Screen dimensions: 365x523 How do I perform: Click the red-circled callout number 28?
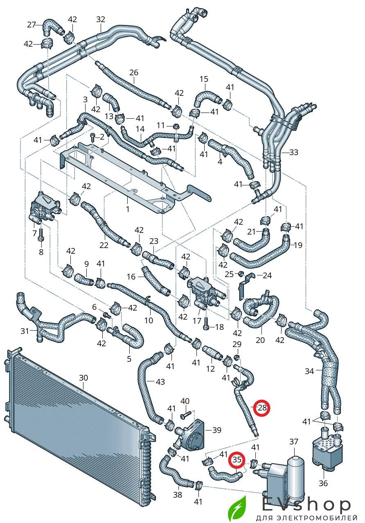262,408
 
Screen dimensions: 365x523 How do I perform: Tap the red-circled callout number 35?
237,460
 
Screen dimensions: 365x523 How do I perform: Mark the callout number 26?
134,72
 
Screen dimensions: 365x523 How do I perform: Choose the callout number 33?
293,152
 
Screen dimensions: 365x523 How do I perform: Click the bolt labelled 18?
206,324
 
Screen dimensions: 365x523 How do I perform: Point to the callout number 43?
160,382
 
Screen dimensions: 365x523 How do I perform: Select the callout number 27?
32,25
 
